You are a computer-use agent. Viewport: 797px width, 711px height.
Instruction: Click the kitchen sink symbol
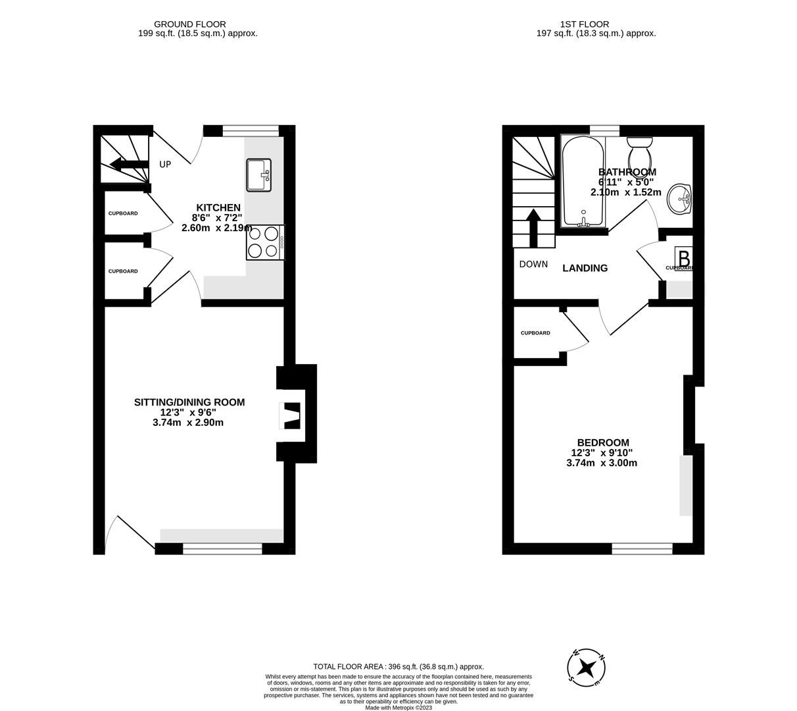point(259,175)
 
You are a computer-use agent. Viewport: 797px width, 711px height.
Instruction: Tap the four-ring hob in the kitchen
point(263,242)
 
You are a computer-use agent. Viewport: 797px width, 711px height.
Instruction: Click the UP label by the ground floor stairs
point(165,164)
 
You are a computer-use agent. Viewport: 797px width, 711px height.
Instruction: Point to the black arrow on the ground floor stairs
point(129,165)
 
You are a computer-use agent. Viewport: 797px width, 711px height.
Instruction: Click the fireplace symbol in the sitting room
point(290,415)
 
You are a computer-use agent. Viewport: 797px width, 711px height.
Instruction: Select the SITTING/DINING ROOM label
point(189,402)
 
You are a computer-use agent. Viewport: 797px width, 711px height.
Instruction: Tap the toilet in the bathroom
point(639,153)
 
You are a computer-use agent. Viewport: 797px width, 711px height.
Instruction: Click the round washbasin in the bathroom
point(679,199)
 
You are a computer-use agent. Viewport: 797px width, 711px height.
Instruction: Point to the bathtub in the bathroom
point(582,182)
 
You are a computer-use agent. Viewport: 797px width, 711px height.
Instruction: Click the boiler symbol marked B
point(683,257)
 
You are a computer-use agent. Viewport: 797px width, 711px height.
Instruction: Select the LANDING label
point(585,268)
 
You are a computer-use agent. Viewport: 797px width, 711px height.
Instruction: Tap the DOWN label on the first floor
point(533,265)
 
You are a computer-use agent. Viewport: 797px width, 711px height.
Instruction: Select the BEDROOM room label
point(603,443)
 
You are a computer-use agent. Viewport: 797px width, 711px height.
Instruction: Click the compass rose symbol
point(587,669)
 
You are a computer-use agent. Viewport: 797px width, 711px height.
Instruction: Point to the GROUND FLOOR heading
point(190,24)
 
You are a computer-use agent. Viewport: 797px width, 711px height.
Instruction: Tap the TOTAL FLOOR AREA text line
point(398,666)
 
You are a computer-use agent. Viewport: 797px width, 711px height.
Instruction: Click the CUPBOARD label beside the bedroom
point(535,333)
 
